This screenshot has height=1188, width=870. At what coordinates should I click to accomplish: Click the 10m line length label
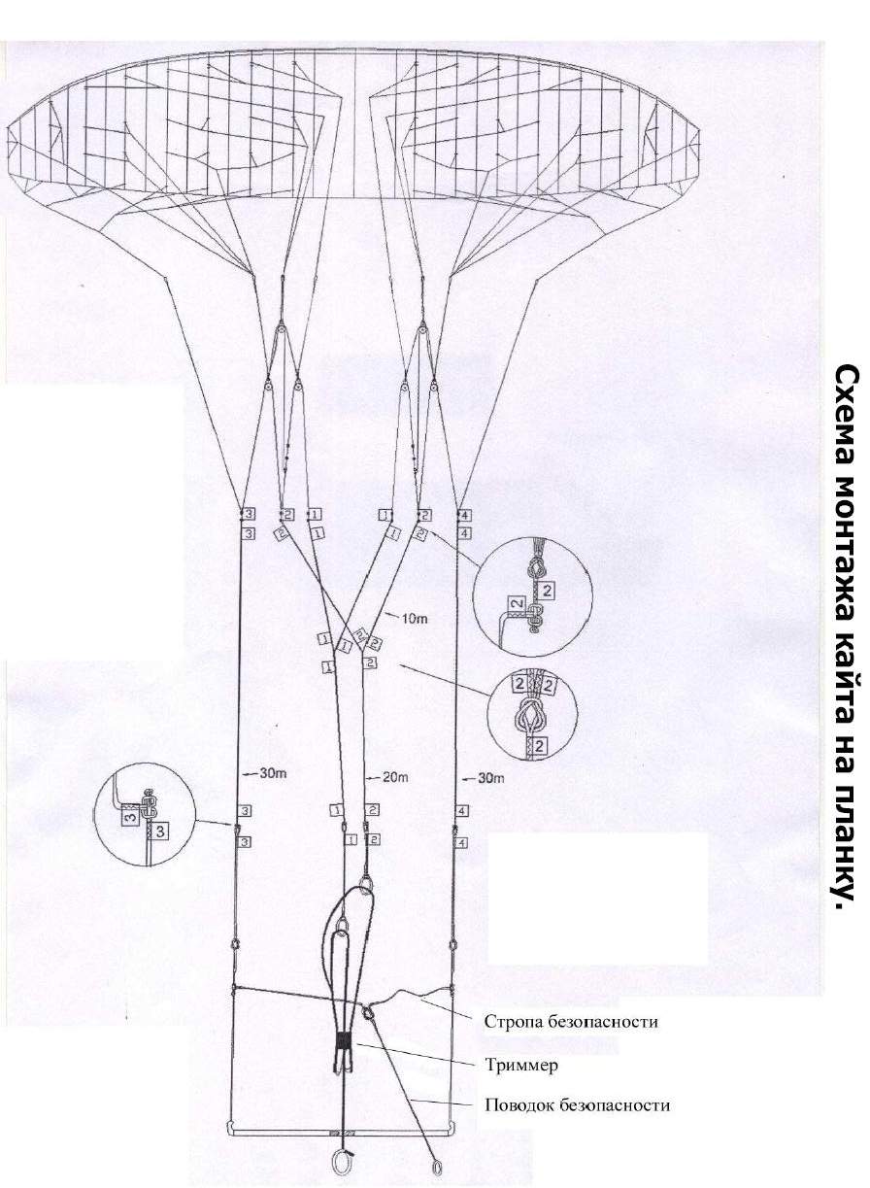tap(416, 618)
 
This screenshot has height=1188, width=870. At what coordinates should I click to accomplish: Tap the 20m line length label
tap(395, 777)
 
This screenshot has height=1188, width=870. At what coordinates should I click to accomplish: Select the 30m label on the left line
tap(273, 773)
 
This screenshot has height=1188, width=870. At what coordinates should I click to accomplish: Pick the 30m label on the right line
tap(490, 778)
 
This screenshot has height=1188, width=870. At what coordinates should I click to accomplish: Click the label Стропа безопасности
tap(571, 1021)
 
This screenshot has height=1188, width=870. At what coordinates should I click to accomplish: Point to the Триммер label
tap(521, 1065)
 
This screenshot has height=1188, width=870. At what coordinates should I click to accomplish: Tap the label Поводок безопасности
tap(577, 1104)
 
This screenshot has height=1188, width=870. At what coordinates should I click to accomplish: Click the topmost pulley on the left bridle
tap(282, 330)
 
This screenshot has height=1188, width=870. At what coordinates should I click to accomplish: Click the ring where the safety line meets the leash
tap(367, 1012)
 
